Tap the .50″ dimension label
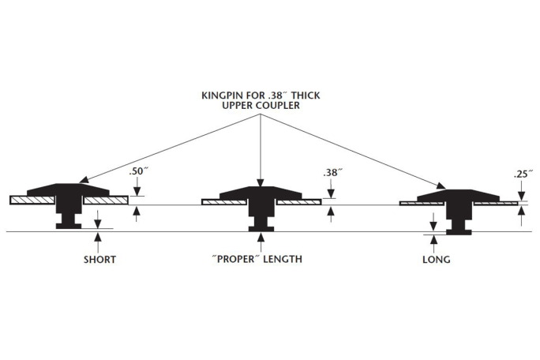point(138,171)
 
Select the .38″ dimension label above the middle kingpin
point(331,172)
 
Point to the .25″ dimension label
point(521,174)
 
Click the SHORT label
point(99,259)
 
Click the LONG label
point(436,259)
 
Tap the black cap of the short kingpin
point(69,190)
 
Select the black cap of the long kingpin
point(457,195)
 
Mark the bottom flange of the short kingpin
point(69,227)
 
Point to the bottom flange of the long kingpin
point(457,232)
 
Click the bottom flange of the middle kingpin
point(261,229)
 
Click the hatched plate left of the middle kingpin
point(225,202)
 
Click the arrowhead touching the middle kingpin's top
point(261,183)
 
